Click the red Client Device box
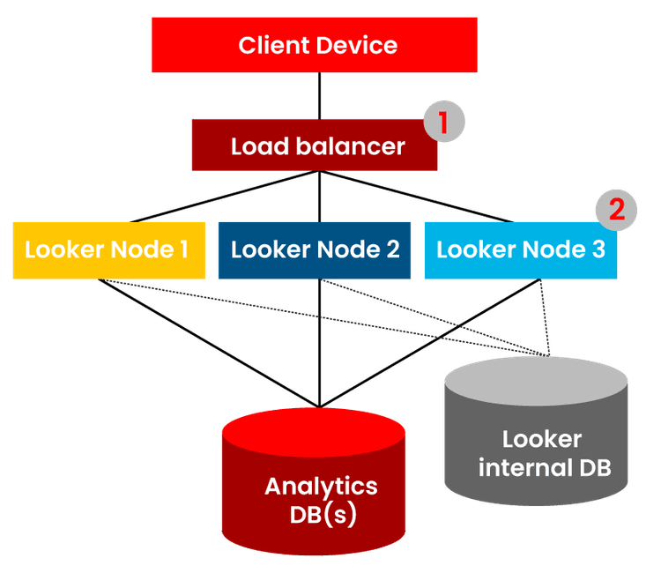(x=314, y=45)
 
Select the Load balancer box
(x=315, y=145)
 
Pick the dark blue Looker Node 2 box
(x=315, y=250)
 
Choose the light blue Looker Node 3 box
(x=520, y=250)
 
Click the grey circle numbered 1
(x=443, y=123)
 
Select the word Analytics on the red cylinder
(x=321, y=486)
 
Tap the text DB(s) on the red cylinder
(x=323, y=515)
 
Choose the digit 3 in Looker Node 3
(x=598, y=249)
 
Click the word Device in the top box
(x=356, y=45)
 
